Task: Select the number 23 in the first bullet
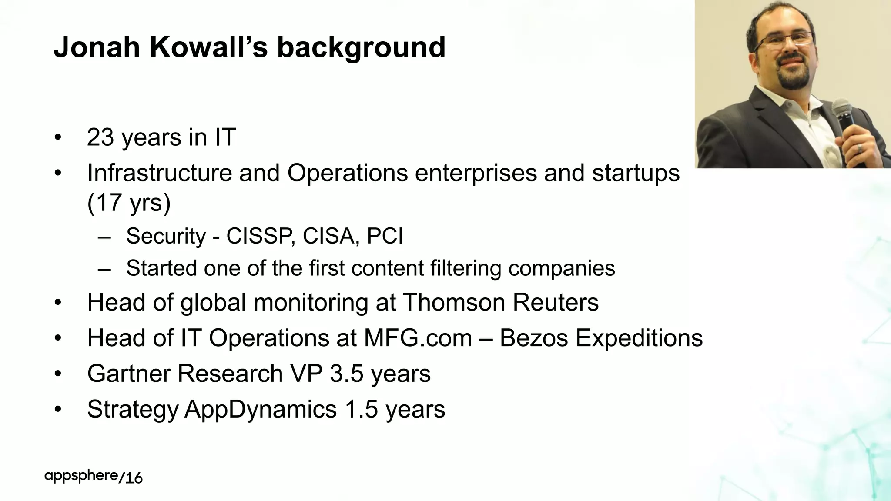click(x=100, y=137)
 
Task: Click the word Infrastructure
click(x=159, y=173)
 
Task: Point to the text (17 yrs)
click(x=129, y=202)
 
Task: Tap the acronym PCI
click(x=385, y=236)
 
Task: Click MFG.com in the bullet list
click(x=418, y=338)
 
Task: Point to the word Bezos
click(x=534, y=338)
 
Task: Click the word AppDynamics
click(x=261, y=409)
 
